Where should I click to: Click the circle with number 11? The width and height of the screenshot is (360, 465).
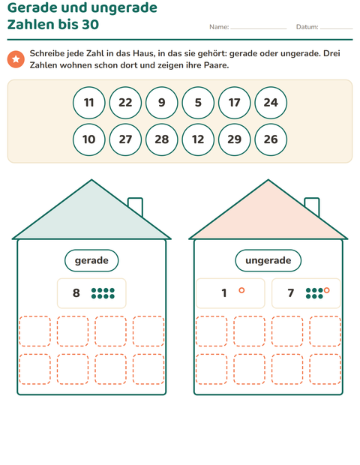click(x=89, y=103)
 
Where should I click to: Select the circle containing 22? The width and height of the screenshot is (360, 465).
click(x=125, y=103)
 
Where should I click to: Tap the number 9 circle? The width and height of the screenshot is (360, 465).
click(x=162, y=103)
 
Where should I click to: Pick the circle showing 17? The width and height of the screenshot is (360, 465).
click(x=235, y=103)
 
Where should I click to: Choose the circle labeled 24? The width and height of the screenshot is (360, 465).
click(x=271, y=103)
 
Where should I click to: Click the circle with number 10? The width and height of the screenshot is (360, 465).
click(x=89, y=139)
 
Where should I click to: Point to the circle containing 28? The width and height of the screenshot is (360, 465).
click(x=162, y=139)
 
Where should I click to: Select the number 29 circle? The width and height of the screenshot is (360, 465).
click(x=235, y=139)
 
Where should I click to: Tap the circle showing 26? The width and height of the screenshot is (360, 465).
click(x=271, y=139)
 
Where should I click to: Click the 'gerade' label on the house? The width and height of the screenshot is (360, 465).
click(x=91, y=260)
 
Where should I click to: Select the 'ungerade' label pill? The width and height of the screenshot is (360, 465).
click(x=268, y=260)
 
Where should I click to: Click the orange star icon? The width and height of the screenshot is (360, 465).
click(x=16, y=59)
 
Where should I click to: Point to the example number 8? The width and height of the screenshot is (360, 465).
click(x=76, y=293)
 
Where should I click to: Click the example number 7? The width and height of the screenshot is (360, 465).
click(x=290, y=293)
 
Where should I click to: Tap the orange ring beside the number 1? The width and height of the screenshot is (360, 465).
click(x=241, y=290)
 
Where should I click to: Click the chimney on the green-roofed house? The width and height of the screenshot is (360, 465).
click(x=136, y=207)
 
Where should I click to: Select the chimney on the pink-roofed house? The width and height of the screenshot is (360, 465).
click(x=312, y=207)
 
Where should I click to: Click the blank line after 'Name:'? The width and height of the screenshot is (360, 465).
click(x=259, y=28)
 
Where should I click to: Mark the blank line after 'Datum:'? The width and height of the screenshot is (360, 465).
click(x=337, y=28)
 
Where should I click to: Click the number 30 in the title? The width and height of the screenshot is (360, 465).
click(x=90, y=24)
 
